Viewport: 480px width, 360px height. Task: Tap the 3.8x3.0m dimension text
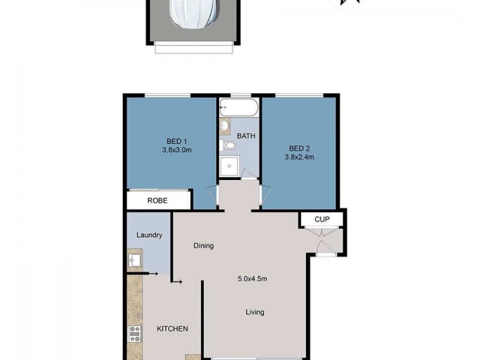[176, 151]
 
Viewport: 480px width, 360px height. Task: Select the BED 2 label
[299, 148]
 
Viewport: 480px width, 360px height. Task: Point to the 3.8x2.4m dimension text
[299, 157]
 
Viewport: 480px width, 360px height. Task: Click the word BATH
[246, 136]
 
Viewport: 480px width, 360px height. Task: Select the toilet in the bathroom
[228, 145]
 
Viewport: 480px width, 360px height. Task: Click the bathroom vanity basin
[225, 126]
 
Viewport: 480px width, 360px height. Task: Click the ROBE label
[158, 200]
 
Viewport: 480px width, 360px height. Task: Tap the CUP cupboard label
[322, 220]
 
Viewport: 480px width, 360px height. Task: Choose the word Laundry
[149, 235]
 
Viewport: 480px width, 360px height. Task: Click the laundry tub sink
[134, 260]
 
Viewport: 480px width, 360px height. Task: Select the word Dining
[203, 245]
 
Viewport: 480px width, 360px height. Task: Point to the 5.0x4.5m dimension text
[252, 278]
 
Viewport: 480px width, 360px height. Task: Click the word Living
[254, 312]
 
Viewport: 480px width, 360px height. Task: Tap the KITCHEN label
[172, 329]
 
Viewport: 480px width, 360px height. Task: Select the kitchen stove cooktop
[134, 333]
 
